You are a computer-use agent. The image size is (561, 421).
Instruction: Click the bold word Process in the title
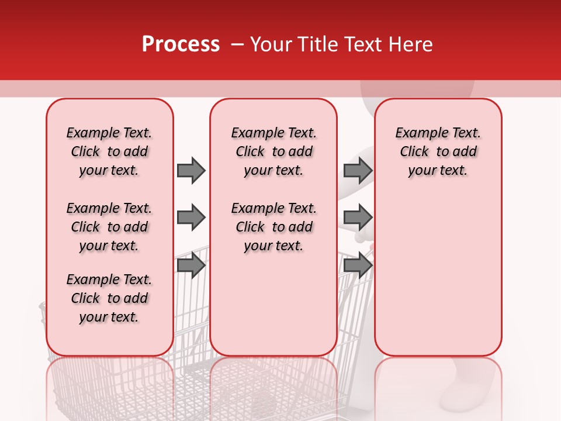(x=181, y=44)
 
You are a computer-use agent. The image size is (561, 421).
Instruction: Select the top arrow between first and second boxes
(x=191, y=170)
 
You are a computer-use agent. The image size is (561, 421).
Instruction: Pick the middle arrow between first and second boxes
(x=191, y=218)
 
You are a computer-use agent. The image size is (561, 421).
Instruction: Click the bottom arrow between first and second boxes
(x=191, y=265)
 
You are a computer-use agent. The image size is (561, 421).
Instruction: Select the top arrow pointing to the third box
(x=358, y=170)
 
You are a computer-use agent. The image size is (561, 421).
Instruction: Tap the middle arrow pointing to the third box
(x=358, y=218)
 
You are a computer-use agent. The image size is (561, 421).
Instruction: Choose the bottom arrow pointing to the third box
(x=358, y=265)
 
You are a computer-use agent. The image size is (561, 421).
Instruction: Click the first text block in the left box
(x=109, y=151)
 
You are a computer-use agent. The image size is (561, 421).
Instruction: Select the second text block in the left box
(x=109, y=227)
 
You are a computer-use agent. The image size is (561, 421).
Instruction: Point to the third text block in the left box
(x=109, y=298)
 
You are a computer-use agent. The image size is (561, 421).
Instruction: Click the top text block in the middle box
(x=274, y=151)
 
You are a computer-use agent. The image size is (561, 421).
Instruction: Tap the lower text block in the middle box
(x=274, y=227)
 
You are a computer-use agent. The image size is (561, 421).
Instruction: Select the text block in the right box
(x=438, y=151)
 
